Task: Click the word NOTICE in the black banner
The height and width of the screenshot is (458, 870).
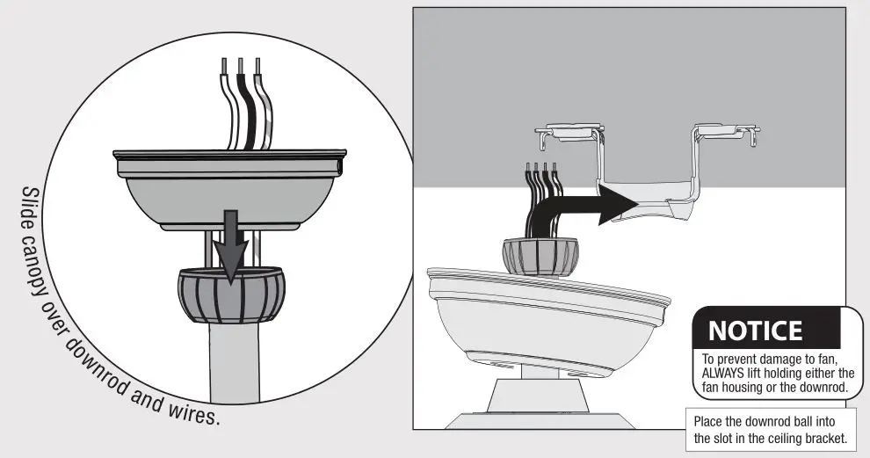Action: (x=755, y=331)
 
